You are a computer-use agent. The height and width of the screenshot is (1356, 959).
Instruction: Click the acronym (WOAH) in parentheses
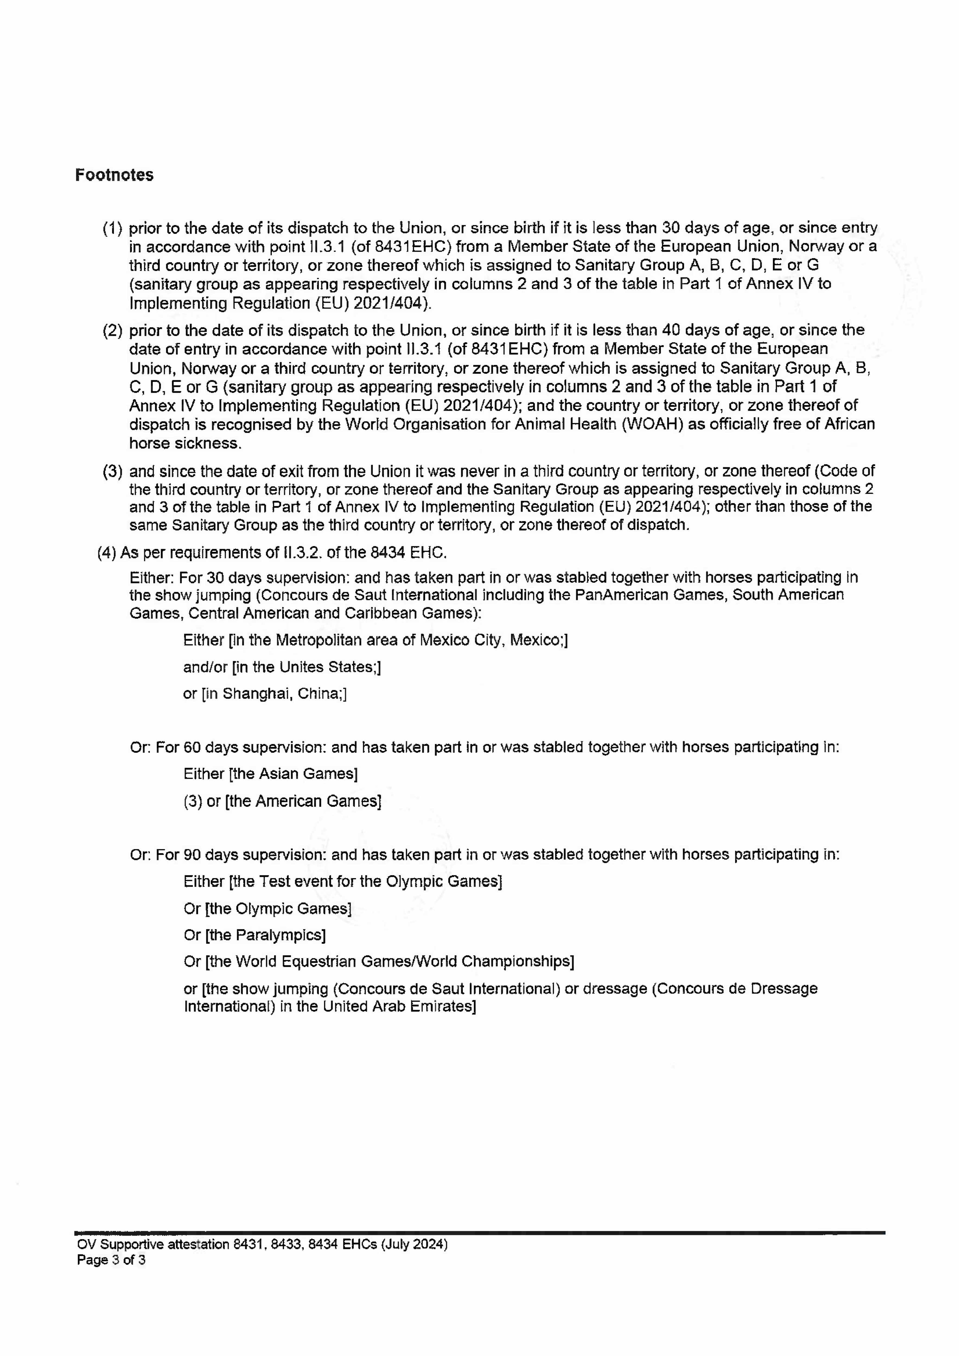[651, 425]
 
